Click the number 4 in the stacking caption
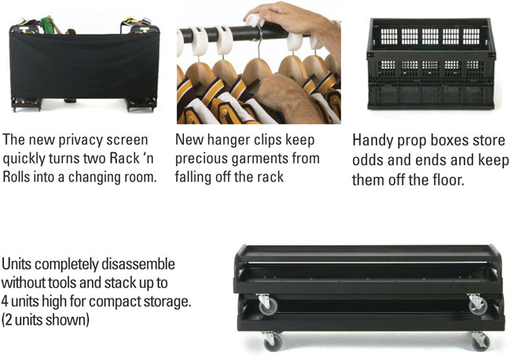(4, 301)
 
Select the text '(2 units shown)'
(46, 320)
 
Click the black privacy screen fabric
(84, 65)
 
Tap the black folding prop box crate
(431, 64)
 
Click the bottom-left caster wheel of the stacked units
(273, 342)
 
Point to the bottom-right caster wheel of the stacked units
(480, 341)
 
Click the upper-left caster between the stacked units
(268, 305)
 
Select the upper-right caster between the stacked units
(477, 305)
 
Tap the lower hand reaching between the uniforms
(287, 97)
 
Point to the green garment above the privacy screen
(46, 25)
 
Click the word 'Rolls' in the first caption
(15, 178)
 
